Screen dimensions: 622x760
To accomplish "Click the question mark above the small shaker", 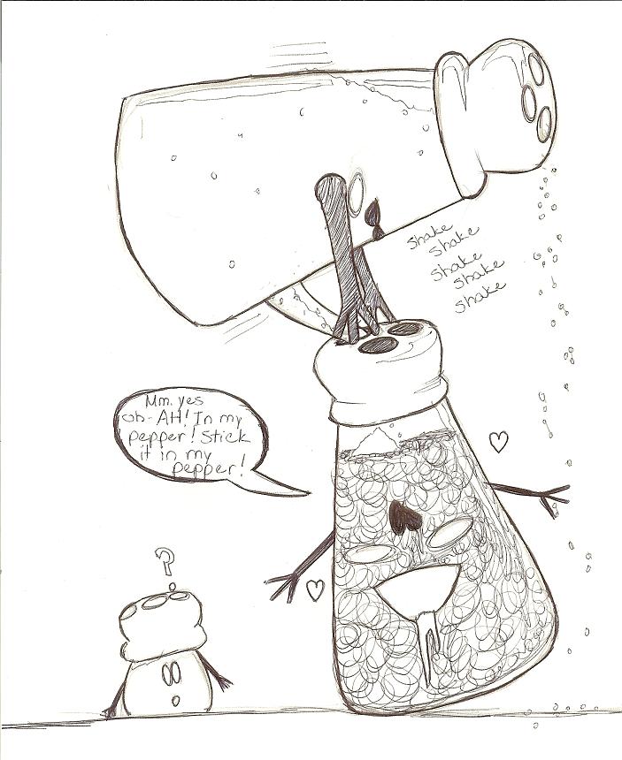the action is pyautogui.click(x=166, y=561).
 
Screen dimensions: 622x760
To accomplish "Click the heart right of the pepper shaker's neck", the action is pyautogui.click(x=498, y=441).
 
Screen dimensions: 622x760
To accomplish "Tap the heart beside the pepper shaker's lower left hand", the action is pyautogui.click(x=315, y=589).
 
